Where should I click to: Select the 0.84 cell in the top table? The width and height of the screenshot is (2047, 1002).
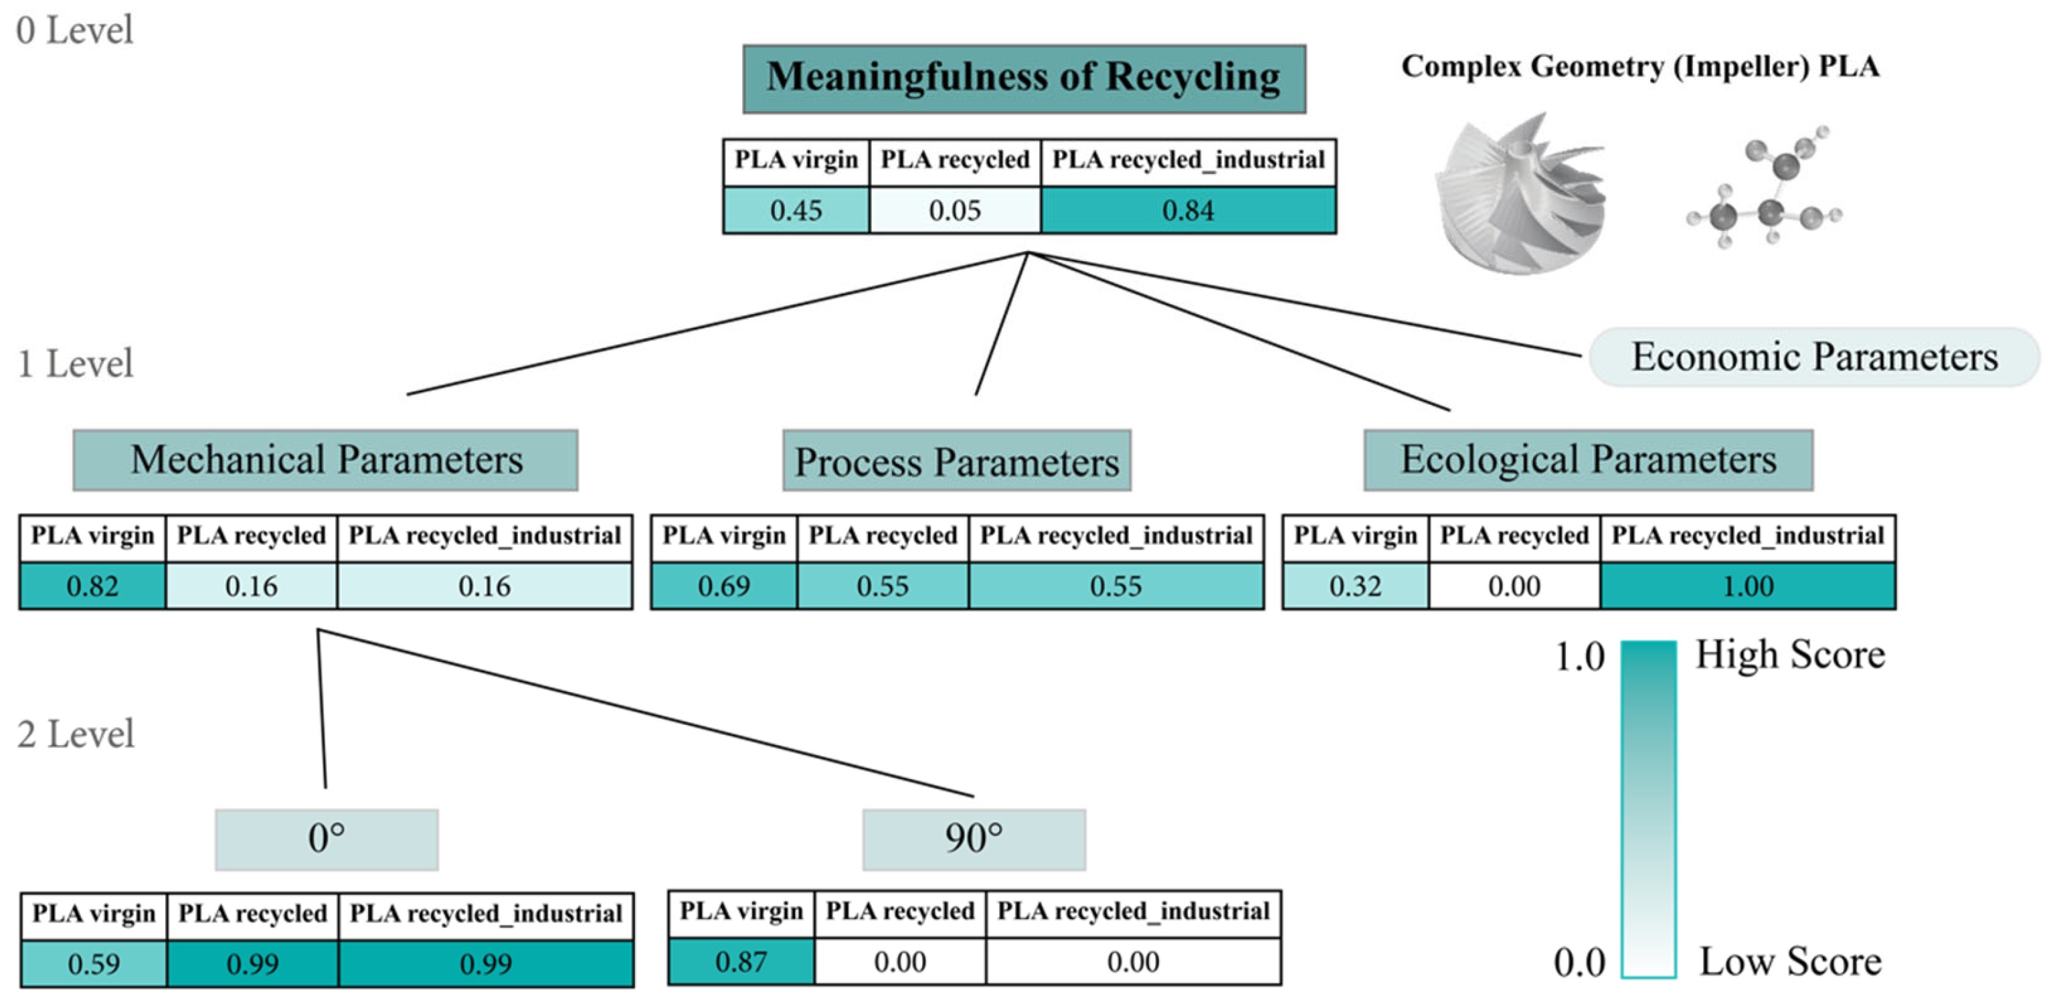[1187, 211]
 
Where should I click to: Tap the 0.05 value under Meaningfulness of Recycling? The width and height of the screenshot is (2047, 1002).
[954, 211]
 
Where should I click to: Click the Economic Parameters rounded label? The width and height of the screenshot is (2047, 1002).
[1814, 357]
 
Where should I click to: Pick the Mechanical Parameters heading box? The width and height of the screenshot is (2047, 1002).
[326, 460]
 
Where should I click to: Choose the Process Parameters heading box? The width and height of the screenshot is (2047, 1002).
[956, 462]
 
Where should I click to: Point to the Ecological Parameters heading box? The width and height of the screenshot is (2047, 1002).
[1588, 460]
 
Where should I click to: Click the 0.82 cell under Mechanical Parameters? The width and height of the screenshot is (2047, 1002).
[93, 586]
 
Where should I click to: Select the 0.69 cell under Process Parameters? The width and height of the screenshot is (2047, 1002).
[723, 586]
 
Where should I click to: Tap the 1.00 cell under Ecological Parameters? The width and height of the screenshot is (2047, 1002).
[1747, 586]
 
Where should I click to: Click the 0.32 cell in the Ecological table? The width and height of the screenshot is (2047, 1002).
[1355, 586]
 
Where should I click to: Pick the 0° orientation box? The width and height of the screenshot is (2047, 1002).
[326, 839]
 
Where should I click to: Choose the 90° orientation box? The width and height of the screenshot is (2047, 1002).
[974, 839]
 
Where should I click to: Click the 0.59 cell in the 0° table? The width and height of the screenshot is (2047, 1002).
[94, 964]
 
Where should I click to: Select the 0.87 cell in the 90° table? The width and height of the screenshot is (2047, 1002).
[741, 961]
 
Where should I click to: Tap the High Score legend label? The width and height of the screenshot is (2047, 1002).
[1789, 655]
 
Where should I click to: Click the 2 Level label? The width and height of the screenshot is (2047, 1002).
[76, 734]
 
